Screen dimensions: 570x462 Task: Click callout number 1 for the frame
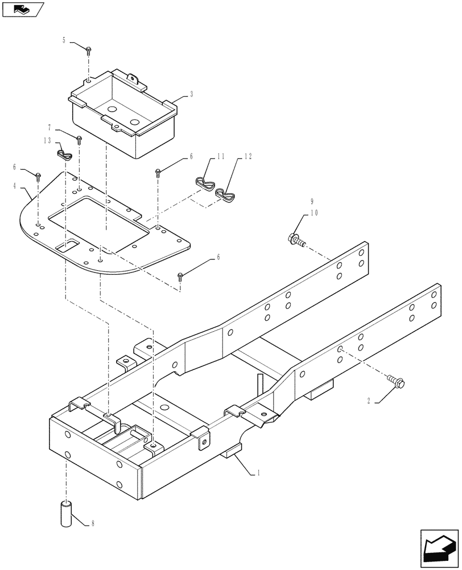pos(259,473)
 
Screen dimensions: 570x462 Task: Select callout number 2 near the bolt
pos(369,401)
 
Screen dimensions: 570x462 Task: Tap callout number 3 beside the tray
pos(191,95)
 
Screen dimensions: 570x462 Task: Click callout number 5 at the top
pos(64,40)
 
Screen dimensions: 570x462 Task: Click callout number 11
pos(220,156)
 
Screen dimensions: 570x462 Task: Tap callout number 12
pos(247,156)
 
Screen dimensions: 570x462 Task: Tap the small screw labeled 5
pos(89,51)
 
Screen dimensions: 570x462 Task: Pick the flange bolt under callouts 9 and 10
pos(295,239)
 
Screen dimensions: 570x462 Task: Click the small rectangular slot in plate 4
pos(67,246)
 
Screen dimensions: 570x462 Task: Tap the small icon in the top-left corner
pos(22,9)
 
